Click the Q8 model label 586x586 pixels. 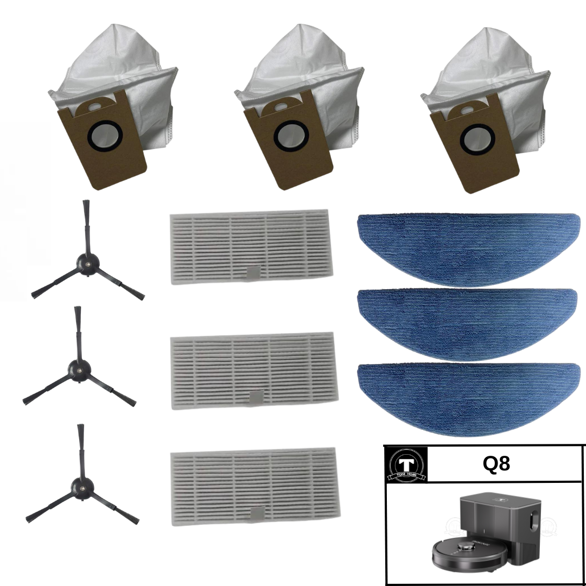pyautogui.click(x=496, y=464)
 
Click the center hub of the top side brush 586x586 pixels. pyautogui.click(x=86, y=261)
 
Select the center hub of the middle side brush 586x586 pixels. pyautogui.click(x=77, y=370)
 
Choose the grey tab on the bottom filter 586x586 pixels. pyautogui.click(x=255, y=513)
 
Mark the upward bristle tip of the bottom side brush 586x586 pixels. pyautogui.click(x=80, y=429)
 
